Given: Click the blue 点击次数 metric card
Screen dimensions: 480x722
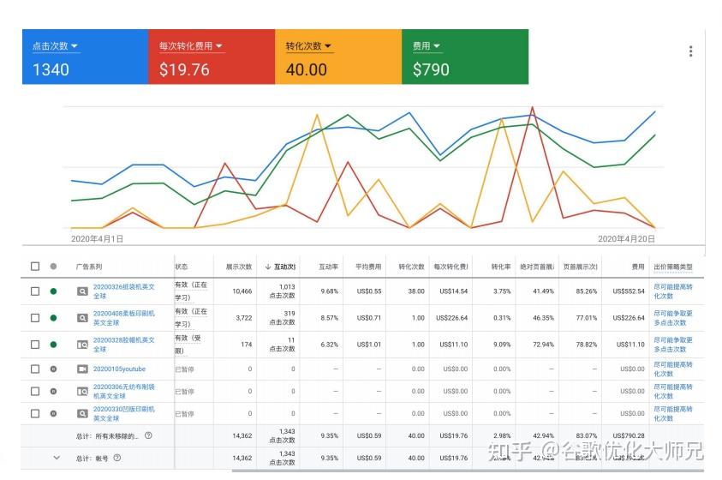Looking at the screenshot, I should [85, 57].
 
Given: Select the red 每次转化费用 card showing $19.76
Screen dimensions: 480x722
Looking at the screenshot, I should [212, 57].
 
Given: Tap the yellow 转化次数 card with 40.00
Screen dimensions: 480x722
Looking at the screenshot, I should [338, 57].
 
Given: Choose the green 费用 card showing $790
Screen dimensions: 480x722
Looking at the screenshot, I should [465, 57].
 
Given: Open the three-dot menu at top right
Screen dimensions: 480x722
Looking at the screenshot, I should [690, 51].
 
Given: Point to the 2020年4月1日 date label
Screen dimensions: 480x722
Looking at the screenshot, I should [97, 239].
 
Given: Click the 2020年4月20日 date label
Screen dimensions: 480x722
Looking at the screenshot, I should [626, 239].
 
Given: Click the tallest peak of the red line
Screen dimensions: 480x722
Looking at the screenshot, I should [533, 108].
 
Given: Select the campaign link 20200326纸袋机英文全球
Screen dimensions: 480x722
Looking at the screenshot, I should [124, 291].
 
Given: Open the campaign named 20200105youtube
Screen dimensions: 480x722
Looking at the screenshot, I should [119, 369].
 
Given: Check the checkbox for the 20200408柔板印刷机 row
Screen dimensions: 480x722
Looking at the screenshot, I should [35, 318].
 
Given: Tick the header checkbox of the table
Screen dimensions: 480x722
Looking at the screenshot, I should [35, 267].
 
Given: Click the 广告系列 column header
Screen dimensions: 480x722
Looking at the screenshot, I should [88, 267].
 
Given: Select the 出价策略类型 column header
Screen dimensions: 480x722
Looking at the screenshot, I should [672, 267].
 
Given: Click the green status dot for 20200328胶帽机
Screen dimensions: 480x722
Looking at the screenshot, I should [53, 345].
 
